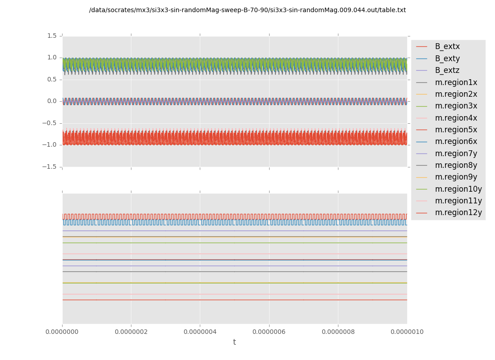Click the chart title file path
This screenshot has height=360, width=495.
point(247,10)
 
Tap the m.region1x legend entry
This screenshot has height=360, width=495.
point(456,82)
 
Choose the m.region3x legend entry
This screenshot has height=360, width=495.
point(456,106)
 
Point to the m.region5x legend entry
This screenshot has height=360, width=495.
point(456,130)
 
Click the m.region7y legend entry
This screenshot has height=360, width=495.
point(456,153)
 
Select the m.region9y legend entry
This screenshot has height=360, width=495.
point(456,177)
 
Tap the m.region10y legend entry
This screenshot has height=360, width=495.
point(458,189)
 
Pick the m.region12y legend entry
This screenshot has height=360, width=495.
point(458,213)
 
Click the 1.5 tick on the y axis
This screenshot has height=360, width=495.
point(52,36)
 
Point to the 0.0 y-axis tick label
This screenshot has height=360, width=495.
point(52,101)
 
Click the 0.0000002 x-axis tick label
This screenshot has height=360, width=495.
point(131,332)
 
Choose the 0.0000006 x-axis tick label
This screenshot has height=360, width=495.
point(269,332)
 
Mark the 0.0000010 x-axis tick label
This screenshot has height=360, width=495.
point(407,332)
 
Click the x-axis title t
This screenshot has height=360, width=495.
point(234,342)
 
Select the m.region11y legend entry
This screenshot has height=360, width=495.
point(458,201)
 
